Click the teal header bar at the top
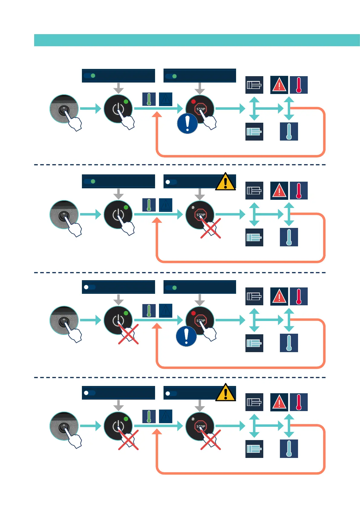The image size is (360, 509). [196, 40]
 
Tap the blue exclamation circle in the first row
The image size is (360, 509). [187, 123]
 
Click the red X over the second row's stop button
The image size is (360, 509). [211, 229]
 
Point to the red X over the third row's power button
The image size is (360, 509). [128, 334]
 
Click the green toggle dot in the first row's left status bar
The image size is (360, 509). [93, 76]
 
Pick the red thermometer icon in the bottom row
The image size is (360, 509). [299, 402]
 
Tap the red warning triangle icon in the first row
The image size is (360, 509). [279, 85]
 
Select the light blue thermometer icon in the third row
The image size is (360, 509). [289, 343]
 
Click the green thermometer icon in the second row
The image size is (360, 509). [149, 205]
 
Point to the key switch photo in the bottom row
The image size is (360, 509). [64, 426]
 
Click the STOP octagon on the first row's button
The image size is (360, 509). [201, 109]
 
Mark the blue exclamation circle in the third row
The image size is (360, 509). [186, 336]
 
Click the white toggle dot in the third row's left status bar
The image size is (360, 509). [86, 287]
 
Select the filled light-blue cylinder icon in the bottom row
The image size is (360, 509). [254, 449]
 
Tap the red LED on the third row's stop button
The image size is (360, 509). [193, 313]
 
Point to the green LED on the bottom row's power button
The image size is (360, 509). [126, 419]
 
